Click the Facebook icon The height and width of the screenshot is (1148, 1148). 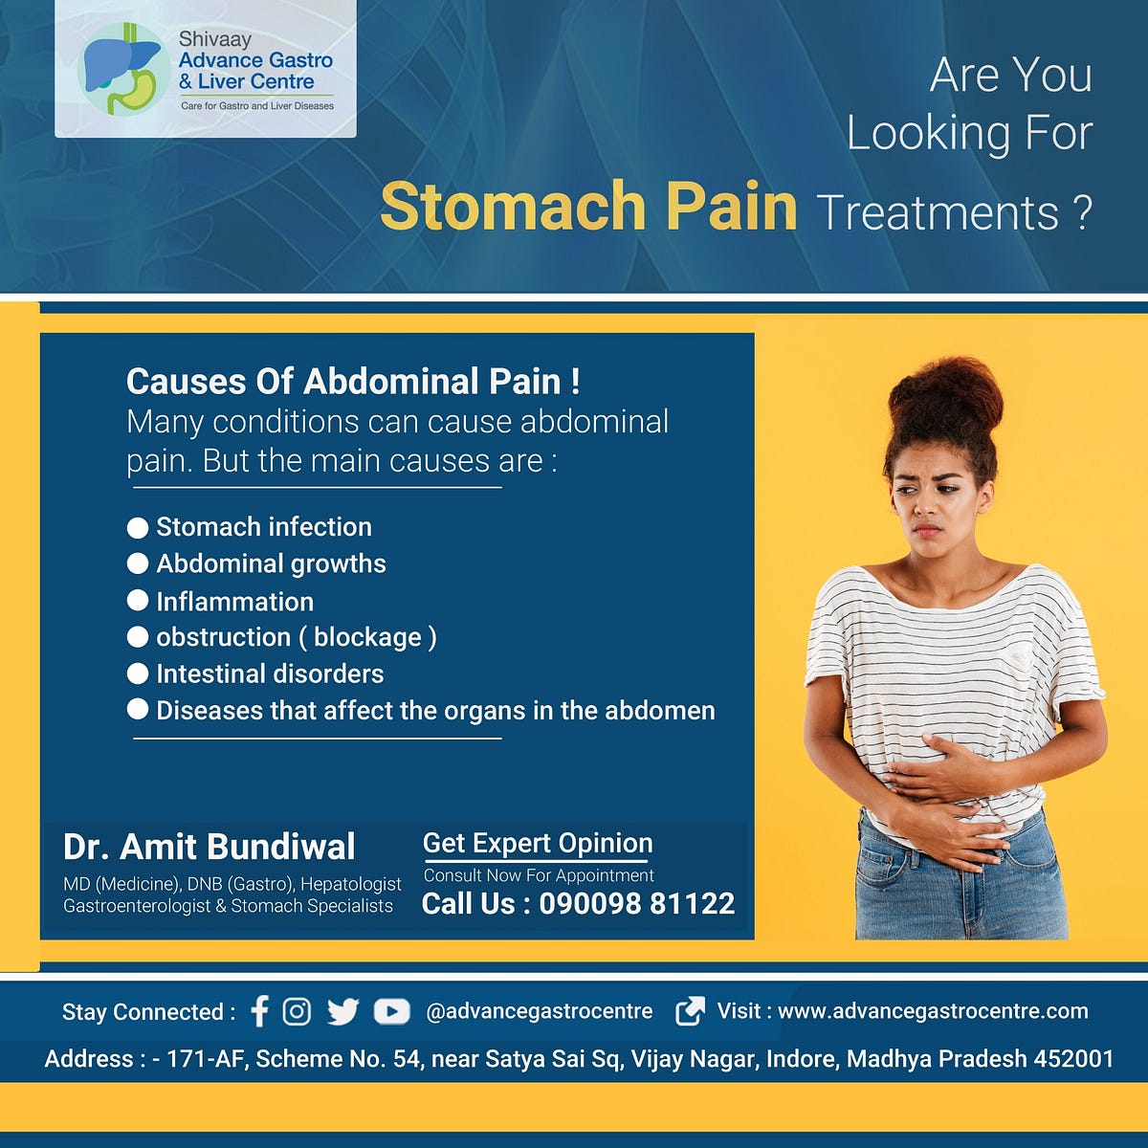(x=259, y=1011)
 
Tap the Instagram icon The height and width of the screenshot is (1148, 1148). (x=297, y=1011)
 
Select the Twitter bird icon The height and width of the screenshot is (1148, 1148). (x=342, y=1011)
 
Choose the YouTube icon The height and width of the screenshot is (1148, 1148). (x=391, y=1011)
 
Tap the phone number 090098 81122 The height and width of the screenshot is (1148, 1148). (x=636, y=903)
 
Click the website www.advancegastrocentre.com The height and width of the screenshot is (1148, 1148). (x=933, y=1011)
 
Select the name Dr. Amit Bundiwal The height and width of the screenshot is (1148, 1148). (x=209, y=847)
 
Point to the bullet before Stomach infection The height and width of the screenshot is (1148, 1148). (x=138, y=527)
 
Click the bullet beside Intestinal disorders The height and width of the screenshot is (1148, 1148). (x=138, y=673)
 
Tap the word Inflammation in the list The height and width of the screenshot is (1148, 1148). (x=234, y=602)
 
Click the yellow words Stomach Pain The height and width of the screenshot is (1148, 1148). (x=588, y=206)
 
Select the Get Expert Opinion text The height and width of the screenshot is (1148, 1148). (x=538, y=843)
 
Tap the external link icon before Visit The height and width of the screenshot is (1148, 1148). (x=690, y=1011)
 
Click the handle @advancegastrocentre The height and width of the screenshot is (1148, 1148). (x=539, y=1011)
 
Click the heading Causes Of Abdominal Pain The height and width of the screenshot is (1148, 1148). (x=352, y=382)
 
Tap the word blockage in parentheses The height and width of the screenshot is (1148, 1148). (x=367, y=637)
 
